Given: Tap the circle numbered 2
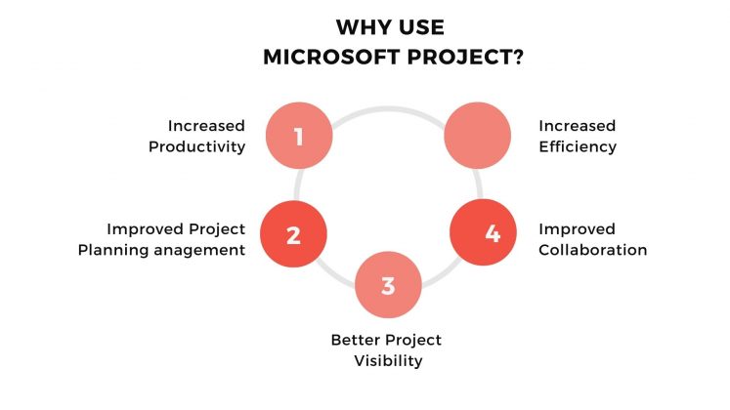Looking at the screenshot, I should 292,235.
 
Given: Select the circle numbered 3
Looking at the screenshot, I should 388,286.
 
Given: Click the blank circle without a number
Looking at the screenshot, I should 478,136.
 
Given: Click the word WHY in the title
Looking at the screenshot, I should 362,27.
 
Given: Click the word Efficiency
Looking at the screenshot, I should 578,146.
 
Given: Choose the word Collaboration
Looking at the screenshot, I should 593,249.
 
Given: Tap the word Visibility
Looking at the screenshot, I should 388,360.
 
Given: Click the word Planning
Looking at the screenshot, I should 139,249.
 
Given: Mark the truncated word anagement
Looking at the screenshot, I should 210,249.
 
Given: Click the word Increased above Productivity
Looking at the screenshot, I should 205,126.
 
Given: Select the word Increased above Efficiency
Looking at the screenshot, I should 578,126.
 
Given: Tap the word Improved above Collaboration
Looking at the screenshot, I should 577,228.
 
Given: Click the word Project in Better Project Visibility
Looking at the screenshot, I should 414,340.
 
